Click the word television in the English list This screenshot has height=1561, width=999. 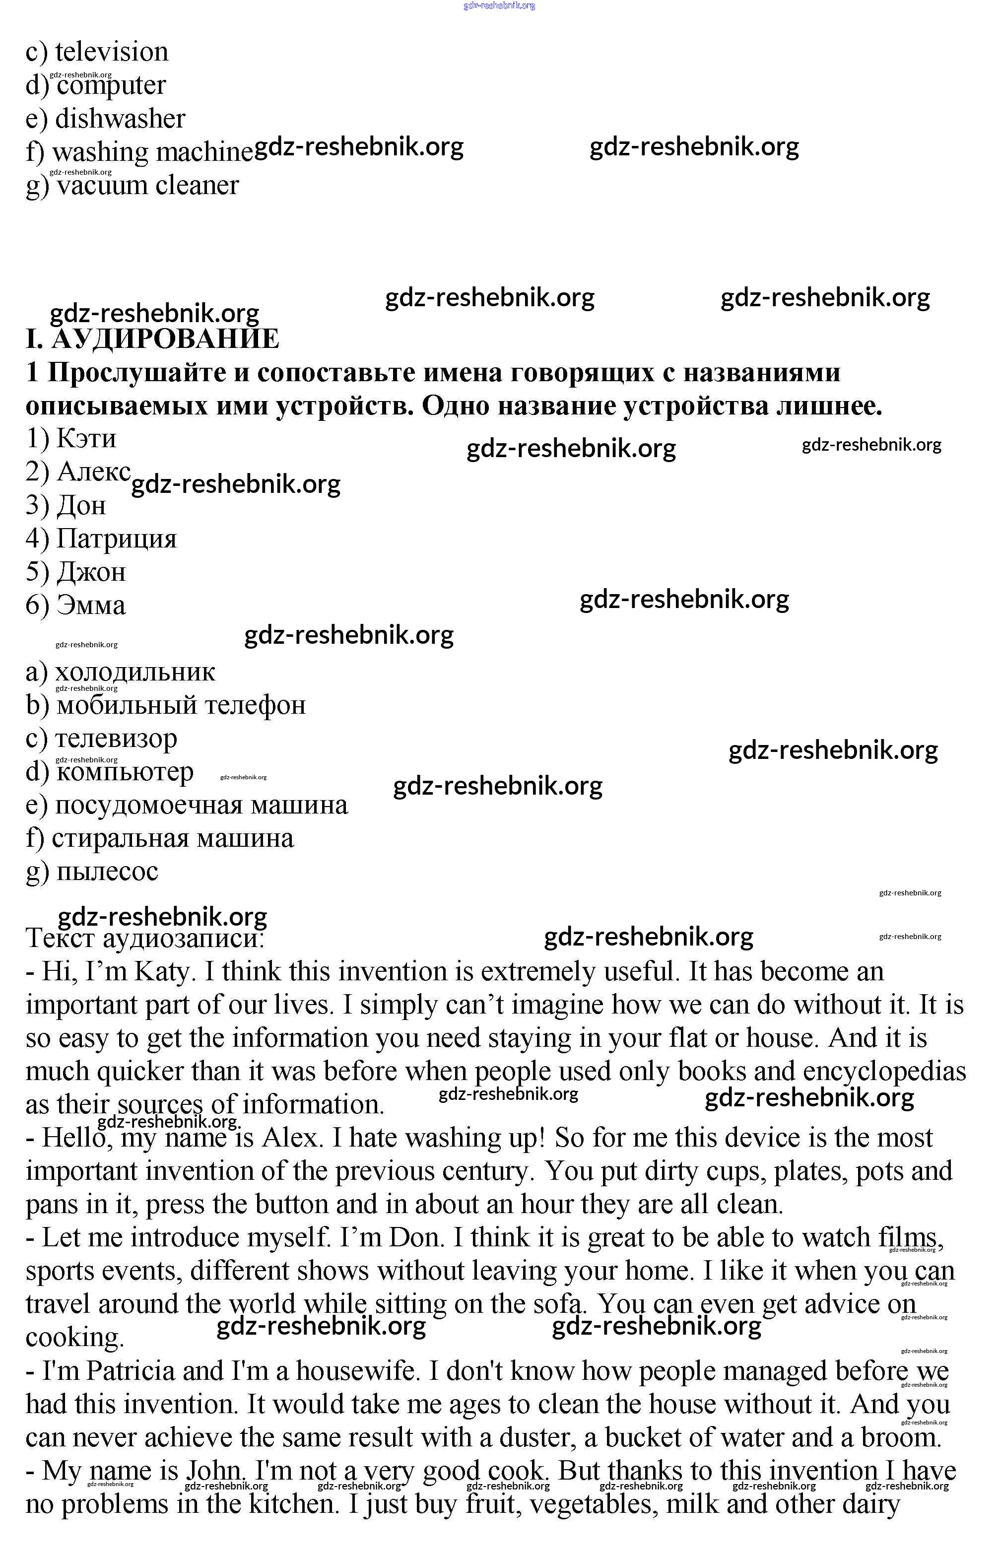[x=112, y=52]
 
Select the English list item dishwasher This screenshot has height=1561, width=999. [x=120, y=119]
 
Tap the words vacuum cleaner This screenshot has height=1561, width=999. [x=148, y=186]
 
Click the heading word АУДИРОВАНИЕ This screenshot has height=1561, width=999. [x=165, y=339]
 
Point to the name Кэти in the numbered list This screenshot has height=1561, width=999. [x=86, y=439]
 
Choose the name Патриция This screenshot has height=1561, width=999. [x=116, y=539]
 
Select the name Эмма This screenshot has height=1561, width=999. [x=91, y=606]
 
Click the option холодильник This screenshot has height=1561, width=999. [x=134, y=672]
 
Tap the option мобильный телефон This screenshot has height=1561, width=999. [x=181, y=705]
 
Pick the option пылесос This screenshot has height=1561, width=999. [x=107, y=872]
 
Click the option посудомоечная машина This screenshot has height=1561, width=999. [x=201, y=805]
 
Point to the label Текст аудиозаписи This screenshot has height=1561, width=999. [x=144, y=939]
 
